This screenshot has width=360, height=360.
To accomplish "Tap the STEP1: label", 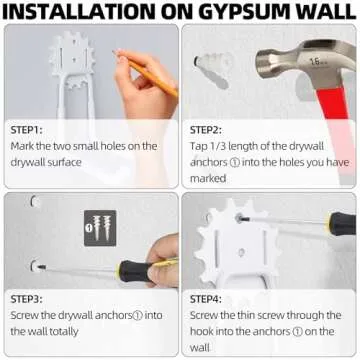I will point(30,129).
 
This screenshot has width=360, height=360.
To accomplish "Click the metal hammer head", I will point(289,61).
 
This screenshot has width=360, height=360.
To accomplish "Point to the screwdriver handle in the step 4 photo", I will point(341,223).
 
